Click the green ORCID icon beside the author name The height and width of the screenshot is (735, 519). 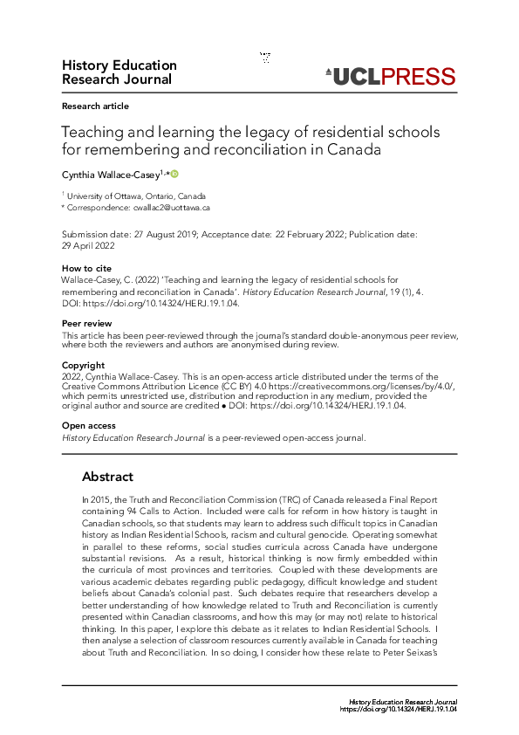coord(174,174)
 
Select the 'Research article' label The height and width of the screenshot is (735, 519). coord(95,106)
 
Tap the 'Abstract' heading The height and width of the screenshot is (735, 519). coord(107,477)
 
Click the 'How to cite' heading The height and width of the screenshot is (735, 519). coord(84,268)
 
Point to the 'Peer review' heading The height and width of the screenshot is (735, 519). coord(86,324)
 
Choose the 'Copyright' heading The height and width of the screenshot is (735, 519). coord(84,365)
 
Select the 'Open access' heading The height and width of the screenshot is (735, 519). coord(88,426)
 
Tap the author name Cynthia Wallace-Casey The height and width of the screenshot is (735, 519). coord(110,175)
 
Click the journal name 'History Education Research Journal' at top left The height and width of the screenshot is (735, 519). coord(119,72)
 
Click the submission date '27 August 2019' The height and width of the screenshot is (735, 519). coord(161,235)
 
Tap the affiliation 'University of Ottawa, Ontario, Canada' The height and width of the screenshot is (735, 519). coord(137,196)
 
